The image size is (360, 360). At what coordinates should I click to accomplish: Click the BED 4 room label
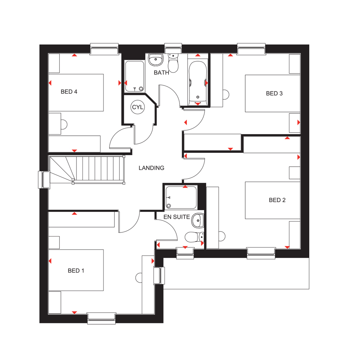pos(69,92)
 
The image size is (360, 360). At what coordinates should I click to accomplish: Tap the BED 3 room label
pos(274,94)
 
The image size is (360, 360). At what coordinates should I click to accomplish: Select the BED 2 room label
pos(277,200)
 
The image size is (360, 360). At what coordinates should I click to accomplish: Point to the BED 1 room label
pos(76,271)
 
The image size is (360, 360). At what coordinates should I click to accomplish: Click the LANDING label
pos(152,168)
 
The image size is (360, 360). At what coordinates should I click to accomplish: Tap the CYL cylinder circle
pos(138,107)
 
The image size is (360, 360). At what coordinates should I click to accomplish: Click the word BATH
pos(161,73)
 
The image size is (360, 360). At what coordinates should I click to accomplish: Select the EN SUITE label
pos(176,217)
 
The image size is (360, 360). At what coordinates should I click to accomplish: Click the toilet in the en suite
pos(194,237)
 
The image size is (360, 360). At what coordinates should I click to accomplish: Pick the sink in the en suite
pos(198,221)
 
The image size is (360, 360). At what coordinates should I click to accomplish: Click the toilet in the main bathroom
pos(173,63)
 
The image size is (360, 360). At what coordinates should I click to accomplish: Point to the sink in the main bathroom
pos(156,60)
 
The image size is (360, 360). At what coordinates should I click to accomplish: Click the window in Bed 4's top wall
pos(104,49)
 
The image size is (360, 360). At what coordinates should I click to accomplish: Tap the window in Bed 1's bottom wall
pos(102,318)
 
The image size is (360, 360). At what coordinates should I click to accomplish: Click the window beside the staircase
pos(44,180)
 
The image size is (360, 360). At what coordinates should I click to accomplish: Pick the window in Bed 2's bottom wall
pos(261,253)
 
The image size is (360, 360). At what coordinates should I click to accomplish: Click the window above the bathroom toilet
pos(174,49)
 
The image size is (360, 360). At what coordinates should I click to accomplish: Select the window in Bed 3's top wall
pos(251,49)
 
